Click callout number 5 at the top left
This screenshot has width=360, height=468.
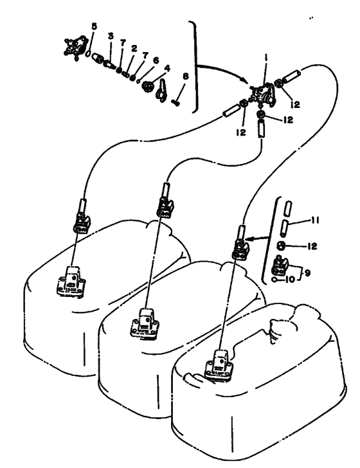(x=94, y=27)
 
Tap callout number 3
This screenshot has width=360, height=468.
(x=111, y=37)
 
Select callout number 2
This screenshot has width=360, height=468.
(x=134, y=48)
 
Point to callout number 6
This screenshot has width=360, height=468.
(x=156, y=60)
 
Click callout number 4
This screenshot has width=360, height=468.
(x=167, y=68)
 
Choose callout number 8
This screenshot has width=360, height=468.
(x=186, y=76)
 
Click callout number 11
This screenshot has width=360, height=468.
(x=315, y=221)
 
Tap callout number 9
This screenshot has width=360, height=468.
(x=307, y=273)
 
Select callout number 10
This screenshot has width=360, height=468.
(x=290, y=280)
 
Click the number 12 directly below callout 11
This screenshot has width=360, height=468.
(x=312, y=246)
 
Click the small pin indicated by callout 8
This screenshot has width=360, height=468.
(x=175, y=103)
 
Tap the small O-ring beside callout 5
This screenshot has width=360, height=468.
(x=88, y=54)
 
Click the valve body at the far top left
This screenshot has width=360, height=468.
(x=75, y=48)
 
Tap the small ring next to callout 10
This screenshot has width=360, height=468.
(x=274, y=280)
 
